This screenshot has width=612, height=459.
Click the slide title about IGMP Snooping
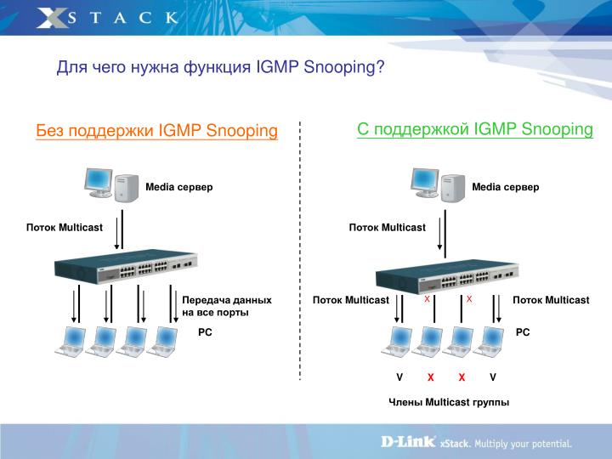point(220,67)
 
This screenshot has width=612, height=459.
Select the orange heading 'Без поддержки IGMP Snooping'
point(156,131)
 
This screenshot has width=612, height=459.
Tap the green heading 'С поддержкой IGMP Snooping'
point(474,129)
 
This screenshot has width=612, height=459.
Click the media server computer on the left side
point(110,183)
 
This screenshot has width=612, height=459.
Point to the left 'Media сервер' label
point(178,187)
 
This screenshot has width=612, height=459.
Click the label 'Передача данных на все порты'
point(227,306)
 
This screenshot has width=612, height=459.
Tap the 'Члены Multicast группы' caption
point(449,402)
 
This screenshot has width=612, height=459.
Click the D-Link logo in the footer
point(406,442)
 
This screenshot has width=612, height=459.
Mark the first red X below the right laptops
point(431,377)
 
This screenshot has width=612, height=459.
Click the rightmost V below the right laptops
point(492,377)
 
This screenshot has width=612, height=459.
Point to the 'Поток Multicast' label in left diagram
point(64,227)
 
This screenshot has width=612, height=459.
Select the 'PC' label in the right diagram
point(522,333)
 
